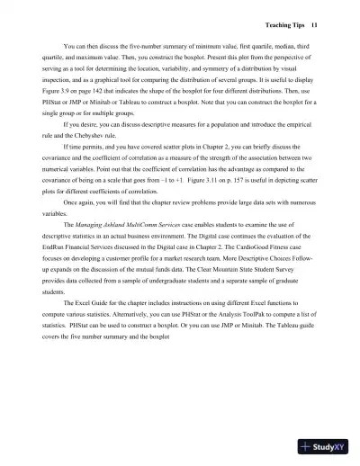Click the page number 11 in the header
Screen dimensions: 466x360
click(303, 23)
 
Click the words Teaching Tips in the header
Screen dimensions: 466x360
click(271, 23)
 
